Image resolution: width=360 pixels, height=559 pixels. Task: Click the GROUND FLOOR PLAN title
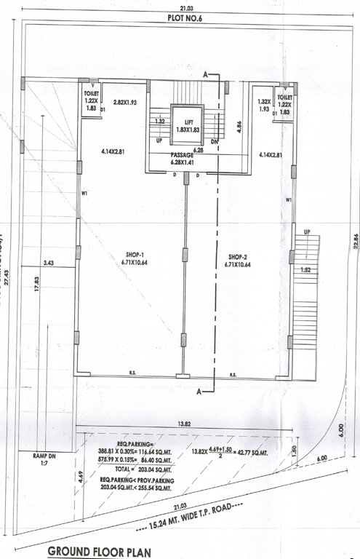tap(99, 552)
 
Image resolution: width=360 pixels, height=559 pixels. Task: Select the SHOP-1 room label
tap(137, 259)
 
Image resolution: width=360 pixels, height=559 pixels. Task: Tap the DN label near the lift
tap(214, 142)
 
